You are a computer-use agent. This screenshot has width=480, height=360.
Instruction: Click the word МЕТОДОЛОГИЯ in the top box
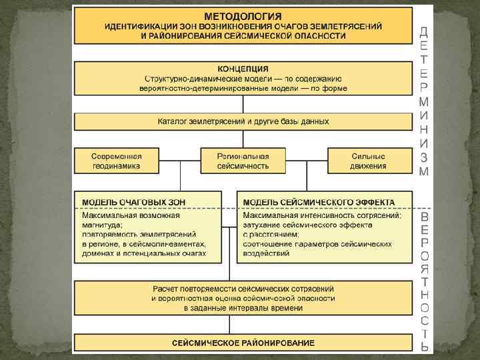[243, 15]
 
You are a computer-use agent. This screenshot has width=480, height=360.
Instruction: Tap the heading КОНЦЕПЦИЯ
[243, 68]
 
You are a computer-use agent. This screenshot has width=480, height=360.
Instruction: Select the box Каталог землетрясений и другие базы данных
[243, 122]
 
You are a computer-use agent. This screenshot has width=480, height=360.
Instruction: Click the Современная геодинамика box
[117, 160]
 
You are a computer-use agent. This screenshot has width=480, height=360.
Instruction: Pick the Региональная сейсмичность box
[243, 160]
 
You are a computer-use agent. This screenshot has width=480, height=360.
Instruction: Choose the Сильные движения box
[369, 160]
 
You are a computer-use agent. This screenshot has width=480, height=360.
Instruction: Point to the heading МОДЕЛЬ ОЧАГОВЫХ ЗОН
[133, 201]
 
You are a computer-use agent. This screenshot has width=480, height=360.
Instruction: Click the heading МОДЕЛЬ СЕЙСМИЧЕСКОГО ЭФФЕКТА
[318, 201]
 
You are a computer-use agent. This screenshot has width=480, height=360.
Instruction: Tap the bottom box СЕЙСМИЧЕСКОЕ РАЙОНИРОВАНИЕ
[243, 343]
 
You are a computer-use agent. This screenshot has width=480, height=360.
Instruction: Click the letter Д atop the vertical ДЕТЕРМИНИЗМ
[424, 31]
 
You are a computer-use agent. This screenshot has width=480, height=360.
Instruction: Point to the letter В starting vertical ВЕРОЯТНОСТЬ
[425, 217]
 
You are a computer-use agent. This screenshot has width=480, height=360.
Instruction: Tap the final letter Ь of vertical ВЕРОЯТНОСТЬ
[425, 346]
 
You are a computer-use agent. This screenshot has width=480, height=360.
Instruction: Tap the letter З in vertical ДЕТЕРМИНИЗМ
[424, 157]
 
